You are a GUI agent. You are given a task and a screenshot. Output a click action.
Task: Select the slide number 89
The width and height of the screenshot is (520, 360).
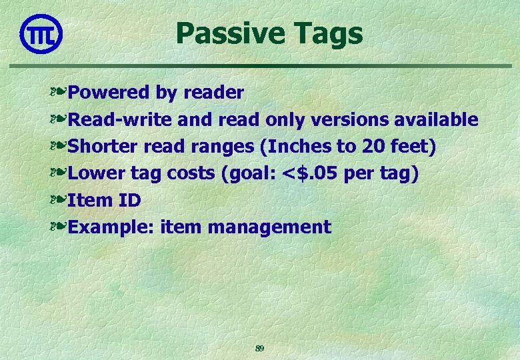click(260, 348)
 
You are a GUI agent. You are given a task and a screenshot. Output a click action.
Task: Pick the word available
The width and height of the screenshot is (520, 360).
click(436, 120)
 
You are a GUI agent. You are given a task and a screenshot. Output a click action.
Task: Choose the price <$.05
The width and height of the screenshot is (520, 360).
click(311, 173)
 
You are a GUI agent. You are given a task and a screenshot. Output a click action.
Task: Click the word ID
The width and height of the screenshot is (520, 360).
click(129, 200)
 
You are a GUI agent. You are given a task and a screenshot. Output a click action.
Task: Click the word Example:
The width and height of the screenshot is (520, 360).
click(112, 227)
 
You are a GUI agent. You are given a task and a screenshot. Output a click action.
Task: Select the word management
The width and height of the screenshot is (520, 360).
click(269, 227)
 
